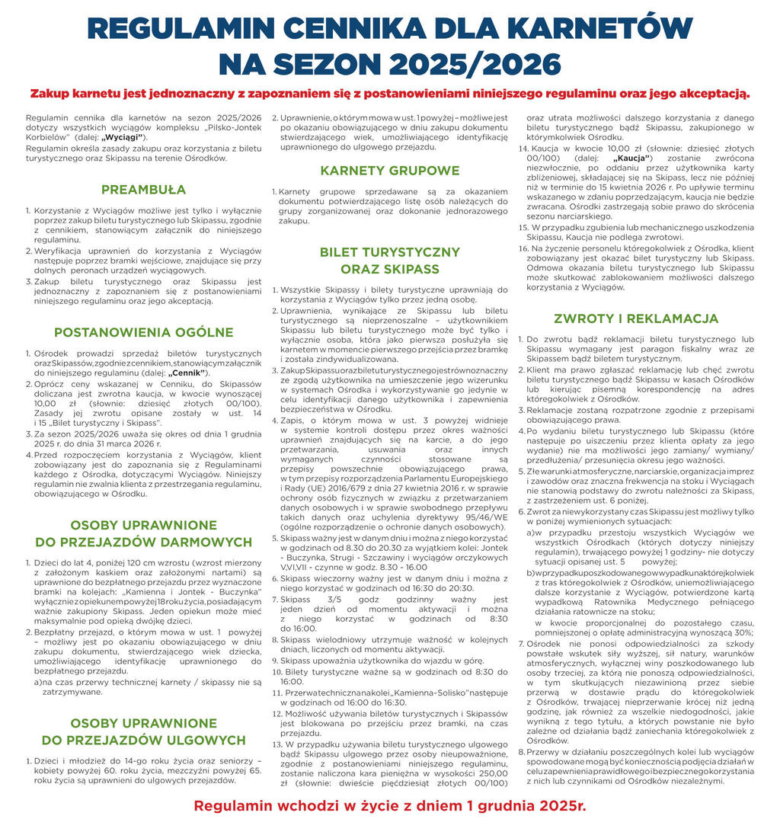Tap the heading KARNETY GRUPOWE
(389, 170)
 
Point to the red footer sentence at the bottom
(389, 805)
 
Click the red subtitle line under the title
(389, 94)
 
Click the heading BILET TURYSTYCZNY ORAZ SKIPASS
(389, 261)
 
